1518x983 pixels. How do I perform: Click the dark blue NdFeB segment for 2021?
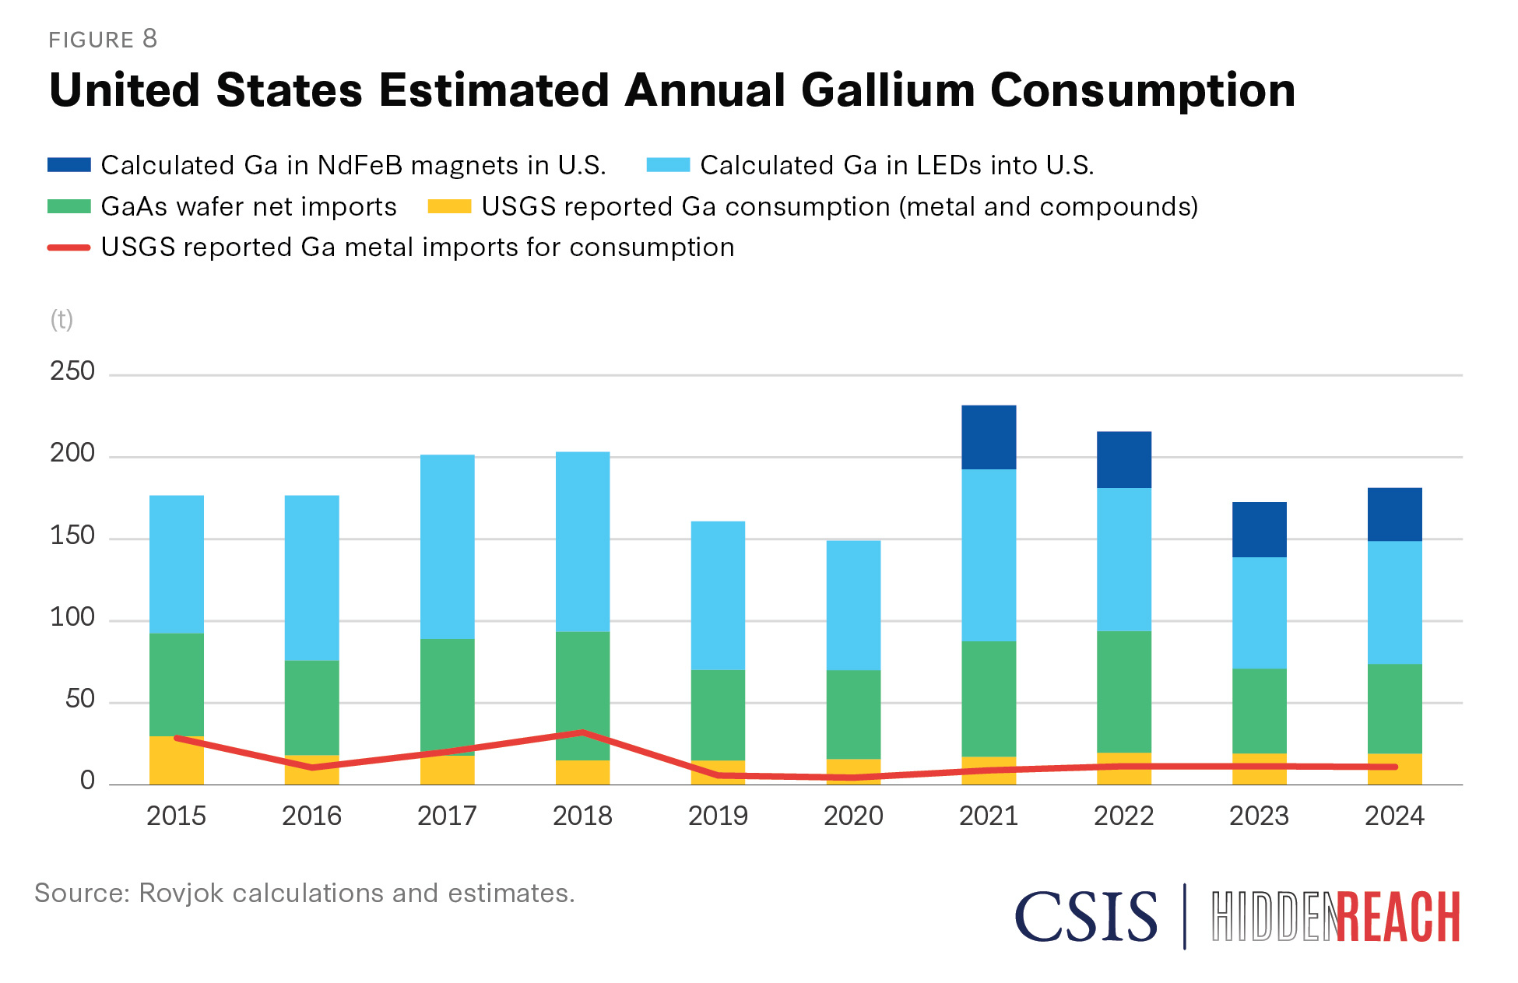pos(989,437)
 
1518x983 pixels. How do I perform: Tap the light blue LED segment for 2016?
pos(311,578)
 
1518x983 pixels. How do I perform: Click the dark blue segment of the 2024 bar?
pos(1394,514)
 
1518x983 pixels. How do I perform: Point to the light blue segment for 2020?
pos(853,605)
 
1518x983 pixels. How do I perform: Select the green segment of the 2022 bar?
pos(1123,691)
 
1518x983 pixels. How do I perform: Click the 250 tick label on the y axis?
pos(72,371)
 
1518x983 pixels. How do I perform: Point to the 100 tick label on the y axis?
pos(72,617)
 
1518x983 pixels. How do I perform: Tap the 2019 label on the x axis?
pos(718,816)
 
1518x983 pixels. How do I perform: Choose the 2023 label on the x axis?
pos(1259,816)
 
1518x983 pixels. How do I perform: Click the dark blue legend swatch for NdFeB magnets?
pos(69,165)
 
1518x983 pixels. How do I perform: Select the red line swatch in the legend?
pos(69,248)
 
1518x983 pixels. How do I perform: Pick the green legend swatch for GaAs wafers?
pos(69,206)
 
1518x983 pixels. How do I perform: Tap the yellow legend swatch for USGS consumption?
pos(449,206)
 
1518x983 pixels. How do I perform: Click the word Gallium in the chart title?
pos(887,90)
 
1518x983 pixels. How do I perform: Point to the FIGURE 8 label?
pos(103,39)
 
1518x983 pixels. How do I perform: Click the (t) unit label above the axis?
pos(61,319)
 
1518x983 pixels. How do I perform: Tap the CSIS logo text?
pos(1086,916)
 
